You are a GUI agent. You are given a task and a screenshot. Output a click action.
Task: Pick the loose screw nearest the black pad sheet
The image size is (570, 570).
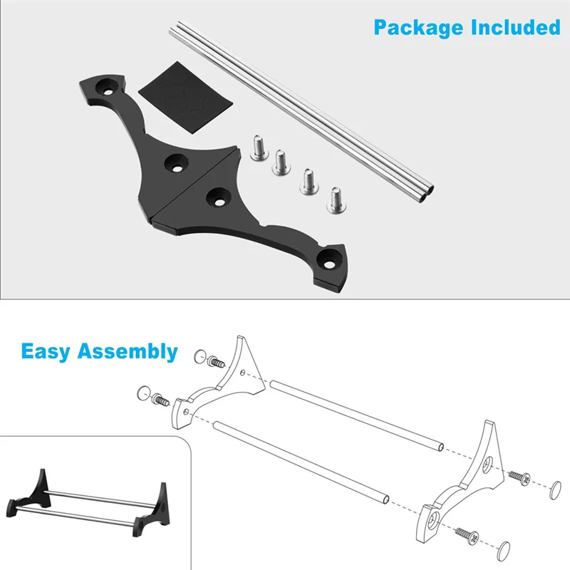click(x=260, y=147)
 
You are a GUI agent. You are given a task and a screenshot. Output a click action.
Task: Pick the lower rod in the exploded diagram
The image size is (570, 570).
click(x=299, y=460)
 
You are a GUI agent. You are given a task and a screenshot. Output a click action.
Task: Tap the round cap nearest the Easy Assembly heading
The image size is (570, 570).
click(x=201, y=356)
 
